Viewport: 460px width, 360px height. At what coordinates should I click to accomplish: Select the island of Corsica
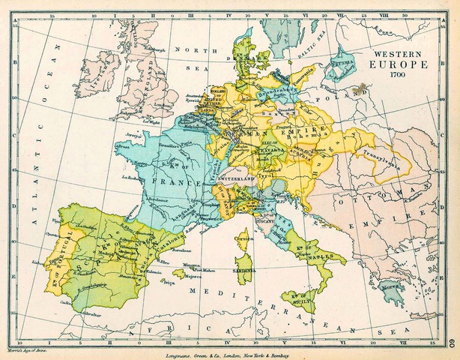[245, 243]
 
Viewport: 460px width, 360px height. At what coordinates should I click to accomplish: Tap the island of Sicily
[303, 296]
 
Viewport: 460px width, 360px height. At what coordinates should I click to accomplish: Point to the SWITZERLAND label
[237, 181]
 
